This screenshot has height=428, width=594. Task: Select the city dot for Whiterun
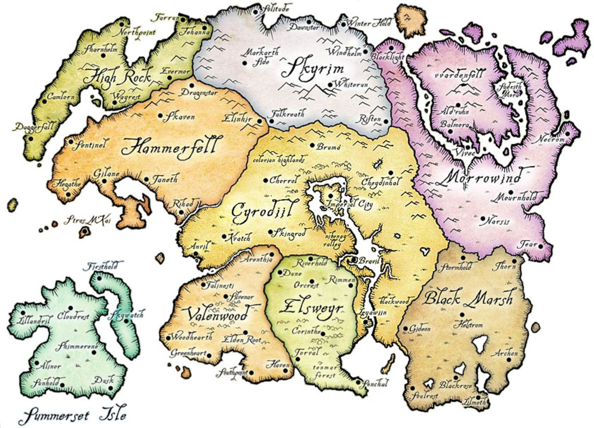(330, 84)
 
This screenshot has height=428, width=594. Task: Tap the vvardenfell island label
(459, 74)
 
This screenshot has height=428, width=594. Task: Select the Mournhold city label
(516, 198)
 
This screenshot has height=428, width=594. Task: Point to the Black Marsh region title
(469, 297)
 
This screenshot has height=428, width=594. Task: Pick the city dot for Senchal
(358, 382)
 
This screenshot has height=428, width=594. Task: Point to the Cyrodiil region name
(262, 213)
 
